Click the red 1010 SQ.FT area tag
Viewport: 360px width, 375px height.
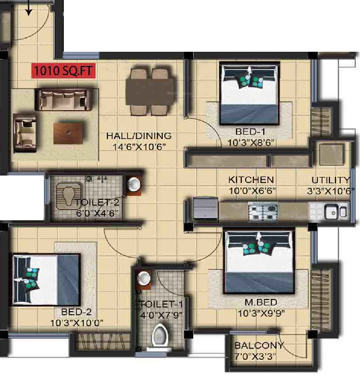63,70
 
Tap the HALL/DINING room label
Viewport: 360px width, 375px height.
138,136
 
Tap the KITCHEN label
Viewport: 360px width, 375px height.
251,180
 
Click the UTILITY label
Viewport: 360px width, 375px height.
331,180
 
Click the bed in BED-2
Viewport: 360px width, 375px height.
47,279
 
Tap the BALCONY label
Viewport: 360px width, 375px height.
259,346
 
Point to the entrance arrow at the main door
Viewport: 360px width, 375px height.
29,8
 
